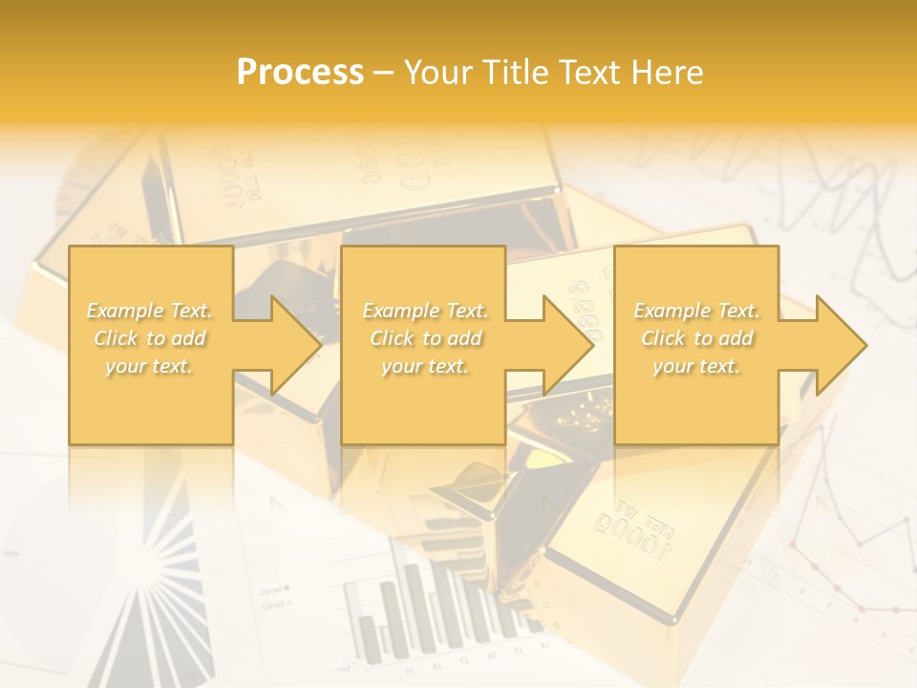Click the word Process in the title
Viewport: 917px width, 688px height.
point(300,73)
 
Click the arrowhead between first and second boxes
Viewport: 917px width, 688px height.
point(296,345)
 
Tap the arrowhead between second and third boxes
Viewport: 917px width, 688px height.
point(568,345)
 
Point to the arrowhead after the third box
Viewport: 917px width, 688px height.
point(841,345)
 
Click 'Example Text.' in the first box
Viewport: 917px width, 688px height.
point(150,311)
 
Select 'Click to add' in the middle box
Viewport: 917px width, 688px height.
point(425,338)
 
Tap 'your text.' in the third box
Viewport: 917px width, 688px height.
point(696,366)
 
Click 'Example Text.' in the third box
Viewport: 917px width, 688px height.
point(696,311)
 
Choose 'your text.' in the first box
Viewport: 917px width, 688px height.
point(150,366)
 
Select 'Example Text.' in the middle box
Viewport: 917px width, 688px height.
point(425,311)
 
